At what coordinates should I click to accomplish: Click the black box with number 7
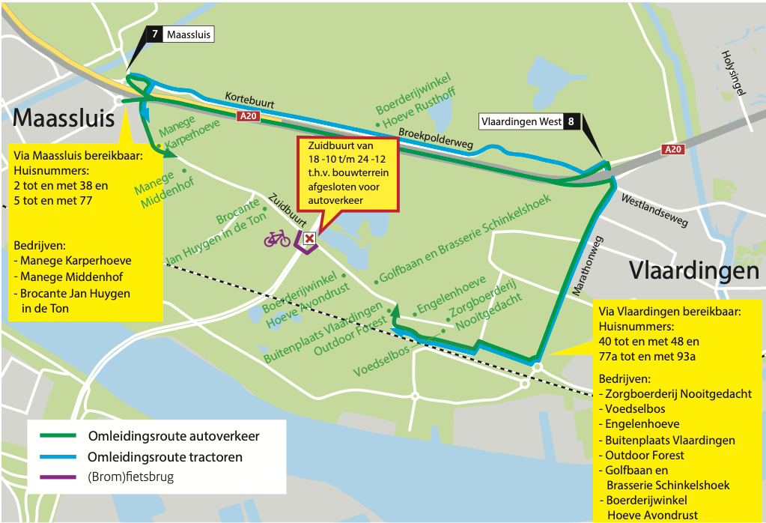click(x=154, y=34)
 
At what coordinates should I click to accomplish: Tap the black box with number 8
click(x=572, y=122)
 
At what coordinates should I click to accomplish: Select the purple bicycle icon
click(x=276, y=238)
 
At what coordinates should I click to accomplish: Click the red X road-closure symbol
click(x=308, y=238)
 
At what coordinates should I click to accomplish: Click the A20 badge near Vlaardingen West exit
click(x=674, y=150)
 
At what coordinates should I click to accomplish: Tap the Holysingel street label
click(x=733, y=75)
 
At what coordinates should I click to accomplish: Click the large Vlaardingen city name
click(x=694, y=270)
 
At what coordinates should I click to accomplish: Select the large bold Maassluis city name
click(x=64, y=118)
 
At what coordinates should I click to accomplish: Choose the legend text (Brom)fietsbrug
click(x=130, y=477)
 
